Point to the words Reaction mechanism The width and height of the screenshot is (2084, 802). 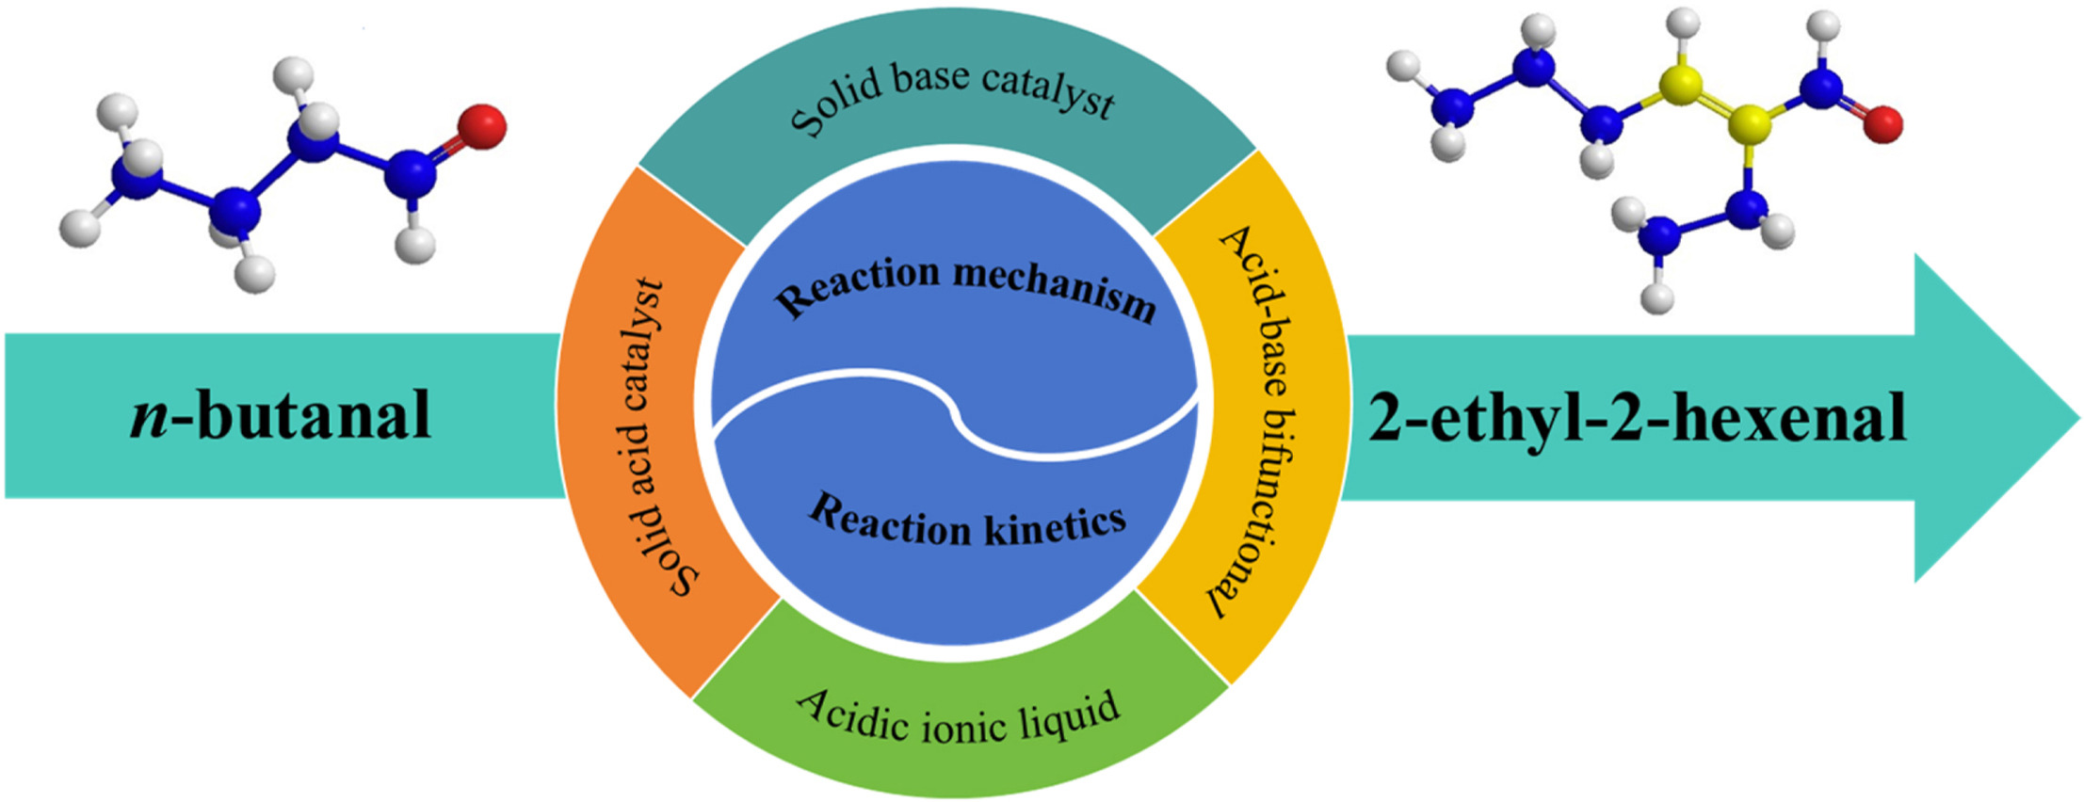point(965,288)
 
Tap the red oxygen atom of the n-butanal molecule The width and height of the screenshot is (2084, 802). point(481,126)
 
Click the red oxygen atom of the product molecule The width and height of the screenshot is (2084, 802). point(1882,124)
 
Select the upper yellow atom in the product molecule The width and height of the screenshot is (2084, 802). point(1681,85)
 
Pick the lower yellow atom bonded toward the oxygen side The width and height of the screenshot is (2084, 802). point(1750,122)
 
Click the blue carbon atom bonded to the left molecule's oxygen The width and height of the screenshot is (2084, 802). point(411,171)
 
